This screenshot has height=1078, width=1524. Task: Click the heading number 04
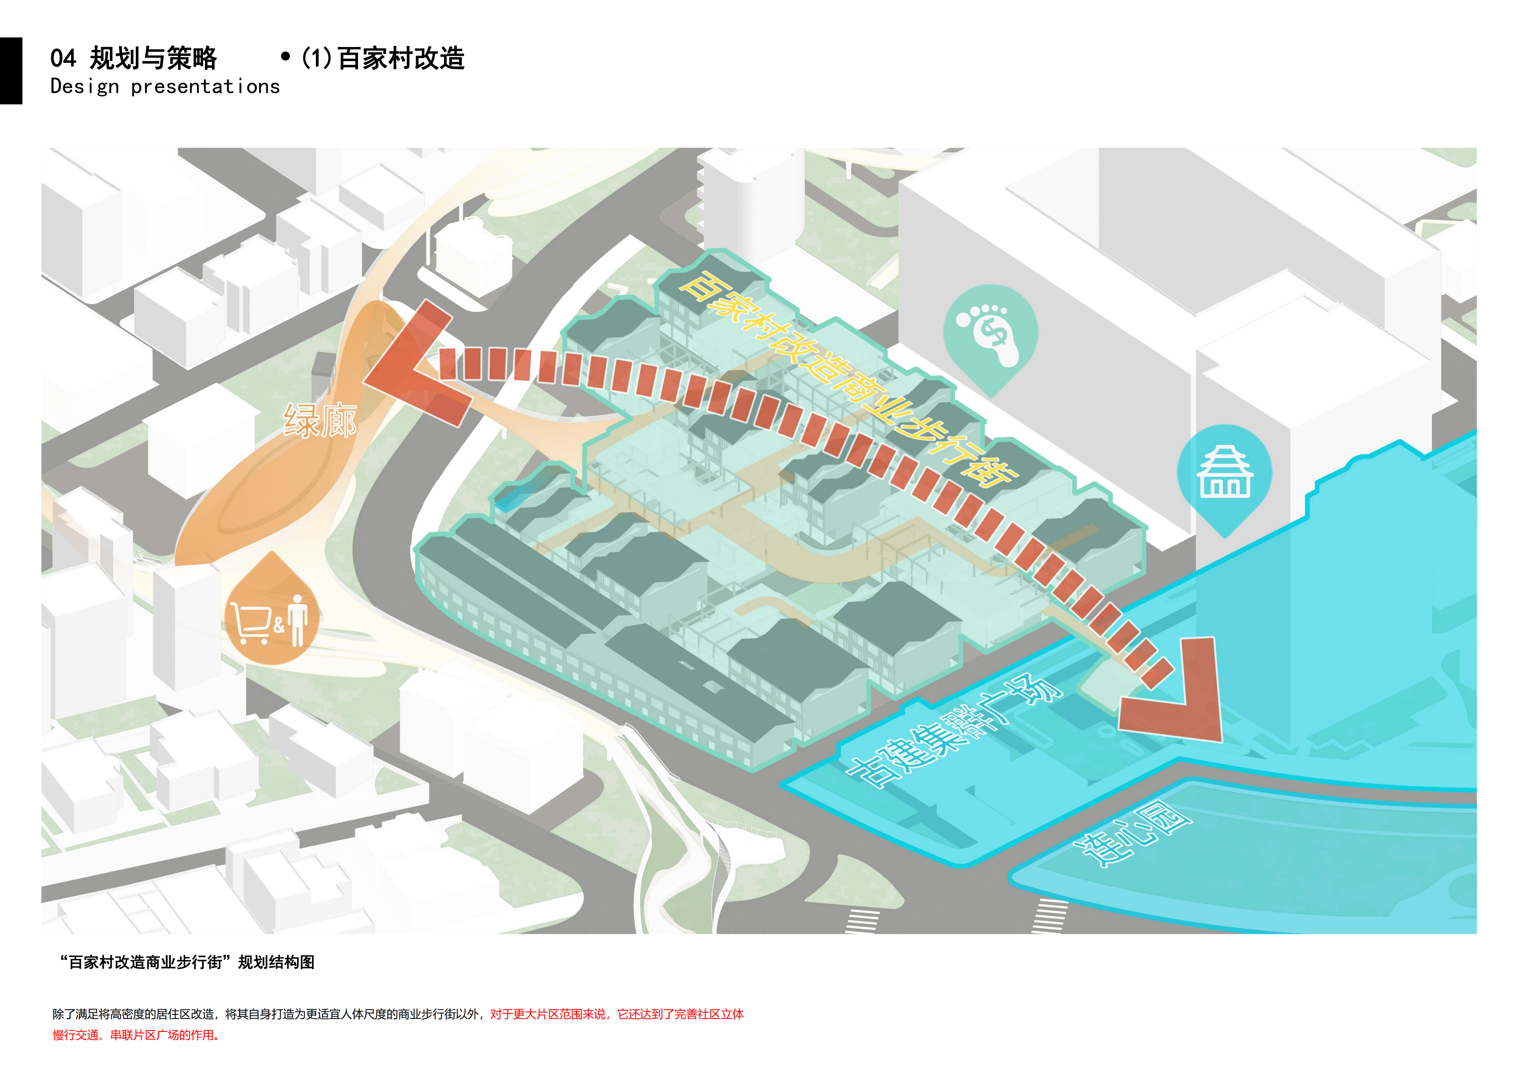coord(63,59)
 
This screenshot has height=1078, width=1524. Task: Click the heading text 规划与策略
coord(153,59)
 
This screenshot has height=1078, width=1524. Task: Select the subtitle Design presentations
coord(165,87)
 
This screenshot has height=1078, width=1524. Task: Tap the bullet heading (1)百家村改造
coord(383,59)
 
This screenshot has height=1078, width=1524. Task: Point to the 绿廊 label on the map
coord(320,421)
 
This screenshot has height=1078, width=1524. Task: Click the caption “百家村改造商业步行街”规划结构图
coord(188,962)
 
